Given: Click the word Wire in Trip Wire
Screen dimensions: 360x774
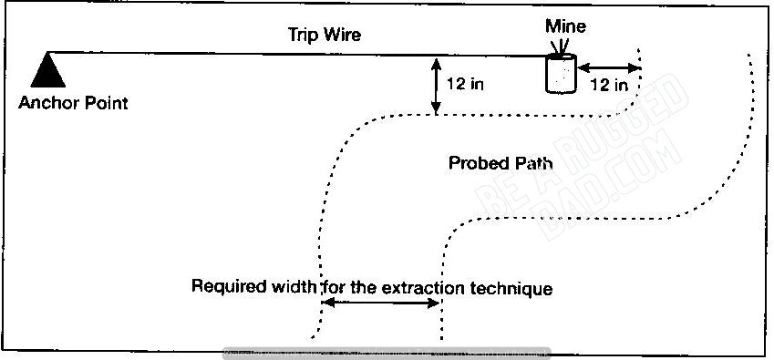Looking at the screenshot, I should point(344,36).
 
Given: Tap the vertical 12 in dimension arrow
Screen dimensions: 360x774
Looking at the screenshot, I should point(437,87).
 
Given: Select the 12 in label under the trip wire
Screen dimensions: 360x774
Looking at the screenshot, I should point(465,84).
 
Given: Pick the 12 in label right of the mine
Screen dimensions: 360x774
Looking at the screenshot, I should point(608,85).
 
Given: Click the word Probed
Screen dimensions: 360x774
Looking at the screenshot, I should point(476,163).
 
